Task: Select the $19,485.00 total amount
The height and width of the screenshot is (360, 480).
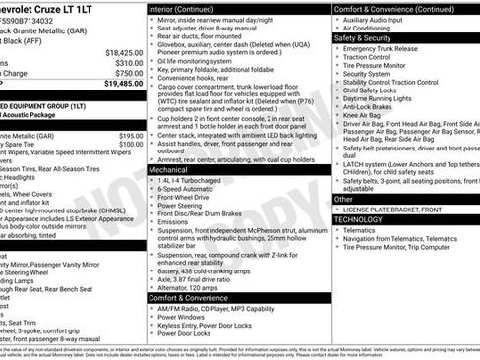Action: click(x=123, y=84)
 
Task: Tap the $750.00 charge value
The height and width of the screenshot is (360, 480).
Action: click(x=128, y=73)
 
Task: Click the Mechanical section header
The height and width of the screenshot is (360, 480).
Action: click(x=168, y=169)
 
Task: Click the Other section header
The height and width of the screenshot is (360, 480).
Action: click(x=343, y=199)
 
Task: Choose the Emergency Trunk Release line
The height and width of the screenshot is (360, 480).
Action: click(x=386, y=48)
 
